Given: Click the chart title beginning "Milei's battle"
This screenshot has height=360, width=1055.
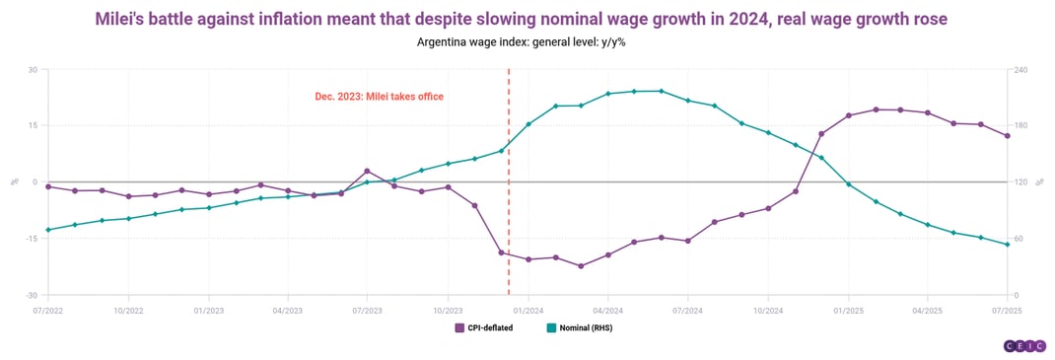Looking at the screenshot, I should [x=527, y=18].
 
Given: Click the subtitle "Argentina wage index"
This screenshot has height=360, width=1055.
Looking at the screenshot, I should [x=527, y=42].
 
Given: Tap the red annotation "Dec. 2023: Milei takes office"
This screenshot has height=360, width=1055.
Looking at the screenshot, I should [x=379, y=97].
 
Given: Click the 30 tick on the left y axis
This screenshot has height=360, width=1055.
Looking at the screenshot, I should [x=33, y=69].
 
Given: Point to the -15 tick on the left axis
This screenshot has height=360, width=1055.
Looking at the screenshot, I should [x=31, y=239].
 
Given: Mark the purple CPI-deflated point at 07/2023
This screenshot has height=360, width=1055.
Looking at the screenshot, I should [x=367, y=171].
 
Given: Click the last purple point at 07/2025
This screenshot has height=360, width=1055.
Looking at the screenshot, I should [x=1007, y=136].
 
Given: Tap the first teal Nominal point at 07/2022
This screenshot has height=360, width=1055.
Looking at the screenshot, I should [x=48, y=230].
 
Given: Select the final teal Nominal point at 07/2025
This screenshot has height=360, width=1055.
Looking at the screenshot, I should [x=1007, y=245].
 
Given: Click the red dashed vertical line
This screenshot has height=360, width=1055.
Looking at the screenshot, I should [x=509, y=197].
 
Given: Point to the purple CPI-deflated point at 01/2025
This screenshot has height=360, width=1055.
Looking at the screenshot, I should [x=848, y=115].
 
